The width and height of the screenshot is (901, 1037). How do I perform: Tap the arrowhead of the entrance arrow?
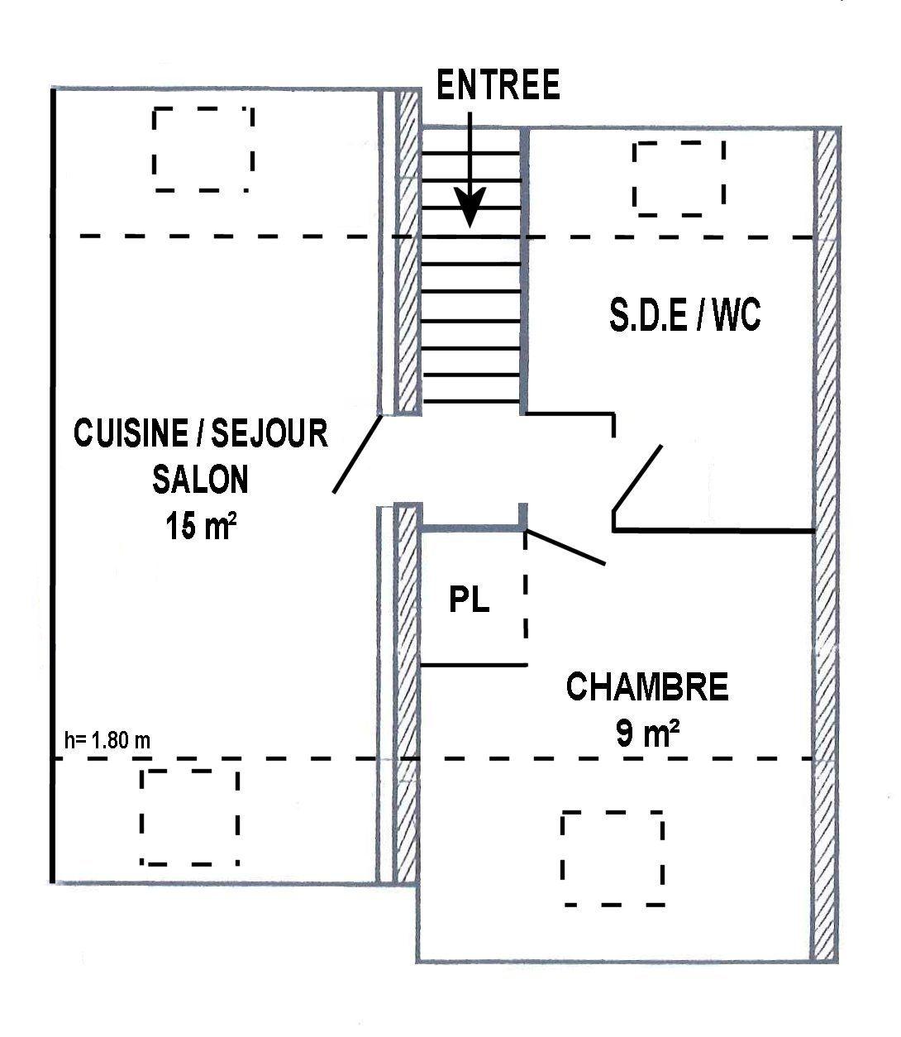(470, 208)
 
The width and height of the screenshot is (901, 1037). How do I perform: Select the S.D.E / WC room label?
(684, 314)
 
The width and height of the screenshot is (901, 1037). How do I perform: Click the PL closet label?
(469, 600)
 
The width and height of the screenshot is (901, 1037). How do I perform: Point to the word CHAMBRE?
(647, 687)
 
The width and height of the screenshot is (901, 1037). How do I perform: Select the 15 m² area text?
(201, 525)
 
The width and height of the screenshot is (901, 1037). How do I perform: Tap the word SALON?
(201, 480)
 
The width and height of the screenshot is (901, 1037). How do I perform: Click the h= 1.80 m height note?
(107, 741)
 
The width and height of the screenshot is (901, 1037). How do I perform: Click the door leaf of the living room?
(357, 454)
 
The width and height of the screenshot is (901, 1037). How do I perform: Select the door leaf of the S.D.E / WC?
(637, 479)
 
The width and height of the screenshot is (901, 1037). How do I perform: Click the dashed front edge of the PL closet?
(526, 597)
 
